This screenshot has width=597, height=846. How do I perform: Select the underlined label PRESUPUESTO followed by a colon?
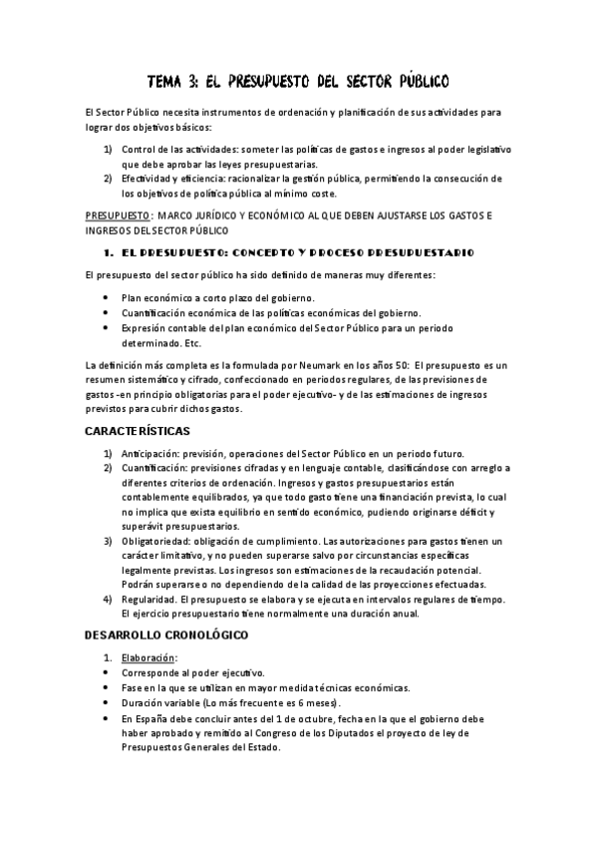coord(118,214)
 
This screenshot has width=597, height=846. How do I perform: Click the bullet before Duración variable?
coord(109,702)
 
